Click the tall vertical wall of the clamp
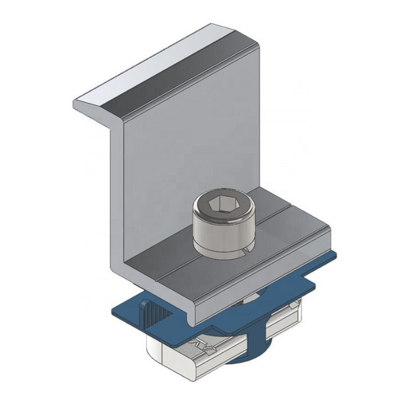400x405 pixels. click(186, 155)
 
